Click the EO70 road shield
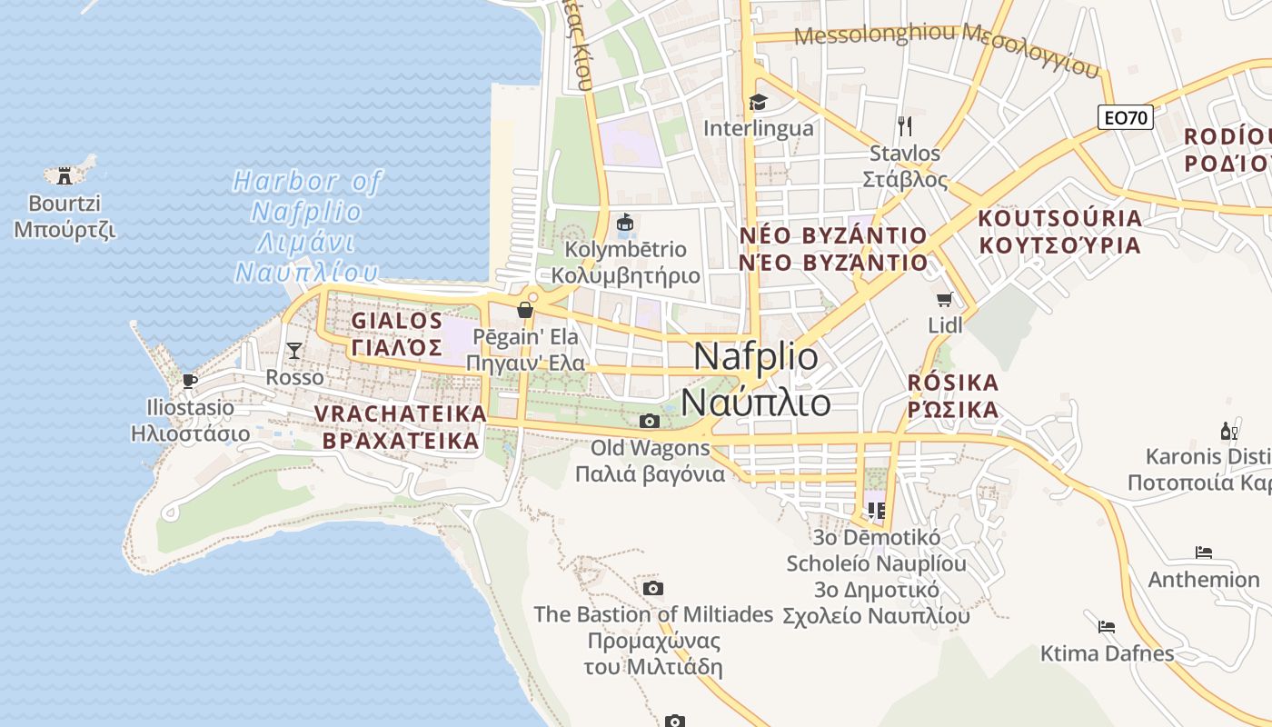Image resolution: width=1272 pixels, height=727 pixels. tap(1125, 117)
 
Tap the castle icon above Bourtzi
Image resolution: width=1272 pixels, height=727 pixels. tap(65, 174)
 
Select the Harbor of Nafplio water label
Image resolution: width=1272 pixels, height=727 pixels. tap(306, 226)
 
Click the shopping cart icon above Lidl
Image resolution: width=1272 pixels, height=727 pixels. tap(945, 299)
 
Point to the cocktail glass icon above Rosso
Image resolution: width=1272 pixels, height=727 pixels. tap(293, 350)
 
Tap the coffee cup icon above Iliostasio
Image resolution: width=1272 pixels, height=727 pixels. tap(189, 380)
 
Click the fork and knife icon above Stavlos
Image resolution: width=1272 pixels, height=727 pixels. tap(904, 125)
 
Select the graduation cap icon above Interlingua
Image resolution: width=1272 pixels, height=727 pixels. tap(758, 102)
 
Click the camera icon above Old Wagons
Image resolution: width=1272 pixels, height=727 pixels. tap(649, 421)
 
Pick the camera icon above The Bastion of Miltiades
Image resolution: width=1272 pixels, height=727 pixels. tap(652, 588)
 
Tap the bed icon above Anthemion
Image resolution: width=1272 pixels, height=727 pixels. tap(1204, 552)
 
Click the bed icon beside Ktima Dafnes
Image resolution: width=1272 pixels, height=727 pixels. tap(1106, 626)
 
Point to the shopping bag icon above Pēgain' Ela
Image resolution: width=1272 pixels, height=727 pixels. tap(524, 310)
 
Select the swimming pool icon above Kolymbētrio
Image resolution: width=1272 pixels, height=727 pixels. tap(625, 222)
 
